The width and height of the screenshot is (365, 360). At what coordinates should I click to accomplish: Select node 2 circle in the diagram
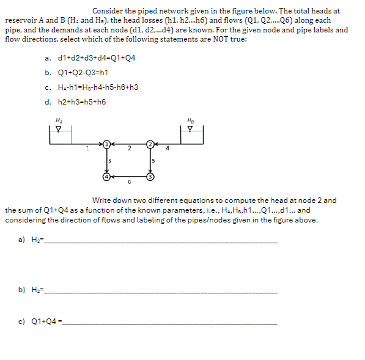(150, 144)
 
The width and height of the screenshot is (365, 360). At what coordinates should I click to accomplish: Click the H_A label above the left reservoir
(58, 120)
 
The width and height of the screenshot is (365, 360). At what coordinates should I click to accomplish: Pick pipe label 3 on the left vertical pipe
(109, 160)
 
